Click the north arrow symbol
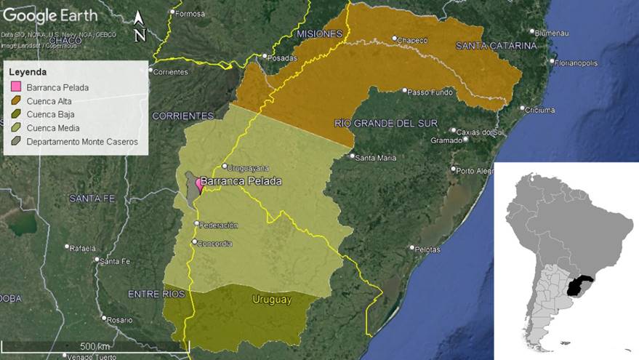point(140,27)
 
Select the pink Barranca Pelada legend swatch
point(15,88)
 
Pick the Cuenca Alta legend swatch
point(15,101)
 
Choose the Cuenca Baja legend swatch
point(15,115)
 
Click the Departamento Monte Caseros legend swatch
point(15,142)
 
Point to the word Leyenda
point(28,73)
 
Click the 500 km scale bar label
point(95,345)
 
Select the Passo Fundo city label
point(430,92)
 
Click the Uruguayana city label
point(249,167)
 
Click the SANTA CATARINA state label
point(496,46)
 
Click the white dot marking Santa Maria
point(352,156)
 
